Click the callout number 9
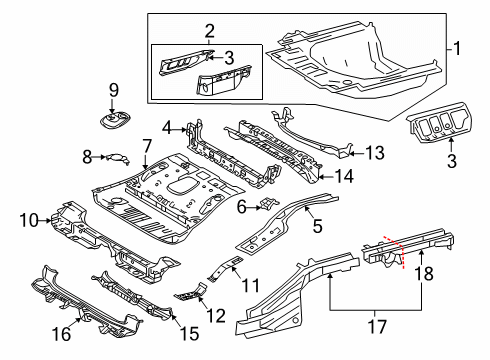click(114, 90)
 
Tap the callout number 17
click(377, 326)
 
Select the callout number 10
click(29, 220)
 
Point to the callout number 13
click(375, 153)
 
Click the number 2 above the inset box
click(209, 31)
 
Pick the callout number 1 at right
click(457, 49)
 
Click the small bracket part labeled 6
click(267, 203)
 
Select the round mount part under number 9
click(115, 120)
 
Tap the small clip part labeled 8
click(117, 158)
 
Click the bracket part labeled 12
click(191, 292)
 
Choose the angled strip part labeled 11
click(225, 268)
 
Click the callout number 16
click(62, 334)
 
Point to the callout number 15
click(189, 333)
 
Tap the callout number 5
click(317, 226)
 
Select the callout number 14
click(343, 176)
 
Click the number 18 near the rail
click(424, 273)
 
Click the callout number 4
click(167, 128)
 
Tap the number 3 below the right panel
click(452, 161)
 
